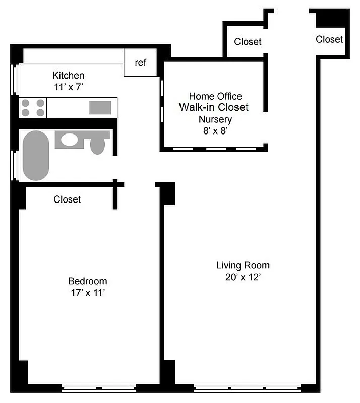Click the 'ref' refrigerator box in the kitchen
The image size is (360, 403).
coord(141,63)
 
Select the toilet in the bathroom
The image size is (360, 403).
coord(97,144)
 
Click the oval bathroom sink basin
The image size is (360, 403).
coord(70,140)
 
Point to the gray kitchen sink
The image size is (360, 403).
coord(100,107)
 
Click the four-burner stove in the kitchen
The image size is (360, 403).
coord(33,108)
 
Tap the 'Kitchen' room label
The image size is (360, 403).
coord(68,76)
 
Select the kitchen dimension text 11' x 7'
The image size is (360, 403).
coord(68,87)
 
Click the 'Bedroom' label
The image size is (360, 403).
coord(88,281)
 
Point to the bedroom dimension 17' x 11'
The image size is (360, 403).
coord(88,292)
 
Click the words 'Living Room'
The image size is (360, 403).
coord(243,265)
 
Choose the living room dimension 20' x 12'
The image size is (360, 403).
coord(243,277)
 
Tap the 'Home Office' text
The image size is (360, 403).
coord(215,96)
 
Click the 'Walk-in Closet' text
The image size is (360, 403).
coord(214,107)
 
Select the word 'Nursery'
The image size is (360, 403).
coord(215,119)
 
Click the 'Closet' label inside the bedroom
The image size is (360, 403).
coord(67,199)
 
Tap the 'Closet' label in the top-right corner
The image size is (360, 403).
coord(329,39)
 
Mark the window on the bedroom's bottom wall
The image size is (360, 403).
coord(99,388)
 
